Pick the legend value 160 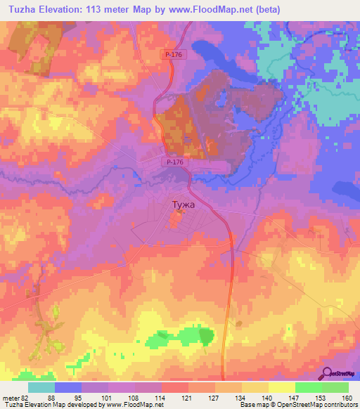345,397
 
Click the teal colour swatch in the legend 41,387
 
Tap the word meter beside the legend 9,397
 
